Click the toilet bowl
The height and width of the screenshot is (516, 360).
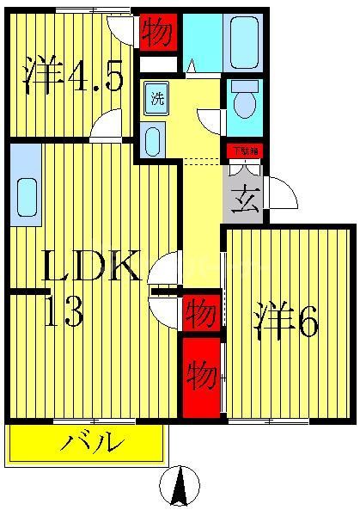click(245, 101)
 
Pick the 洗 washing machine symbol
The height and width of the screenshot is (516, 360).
click(156, 97)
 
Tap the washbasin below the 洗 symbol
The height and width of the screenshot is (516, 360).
click(153, 139)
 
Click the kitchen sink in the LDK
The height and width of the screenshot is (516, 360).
click(25, 198)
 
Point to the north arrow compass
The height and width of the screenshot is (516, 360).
click(180, 486)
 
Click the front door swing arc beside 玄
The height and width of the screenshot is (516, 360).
click(282, 193)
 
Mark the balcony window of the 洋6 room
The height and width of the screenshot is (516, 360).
click(268, 420)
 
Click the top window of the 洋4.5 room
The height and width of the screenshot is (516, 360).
click(92, 10)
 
